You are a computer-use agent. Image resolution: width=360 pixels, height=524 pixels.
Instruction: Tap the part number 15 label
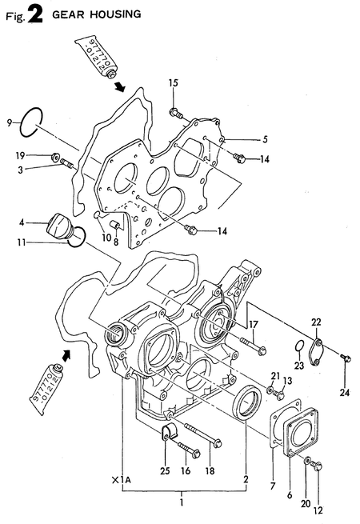click(x=173, y=83)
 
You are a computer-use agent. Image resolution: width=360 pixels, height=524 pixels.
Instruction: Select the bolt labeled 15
click(x=176, y=113)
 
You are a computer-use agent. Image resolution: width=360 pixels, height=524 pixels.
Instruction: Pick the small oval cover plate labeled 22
click(x=316, y=353)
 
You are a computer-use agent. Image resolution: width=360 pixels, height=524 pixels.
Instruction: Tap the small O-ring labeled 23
click(x=300, y=346)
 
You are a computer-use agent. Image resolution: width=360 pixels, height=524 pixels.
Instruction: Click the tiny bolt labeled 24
click(x=346, y=358)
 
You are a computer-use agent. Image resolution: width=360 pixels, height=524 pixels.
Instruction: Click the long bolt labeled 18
click(x=203, y=434)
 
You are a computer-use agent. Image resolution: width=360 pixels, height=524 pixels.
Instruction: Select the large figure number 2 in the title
click(x=35, y=14)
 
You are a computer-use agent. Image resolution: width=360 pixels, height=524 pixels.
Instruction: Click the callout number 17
click(x=254, y=325)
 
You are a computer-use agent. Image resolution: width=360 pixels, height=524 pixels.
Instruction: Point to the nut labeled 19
click(x=55, y=156)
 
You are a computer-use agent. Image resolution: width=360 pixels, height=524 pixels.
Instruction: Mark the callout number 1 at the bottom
click(x=182, y=502)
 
